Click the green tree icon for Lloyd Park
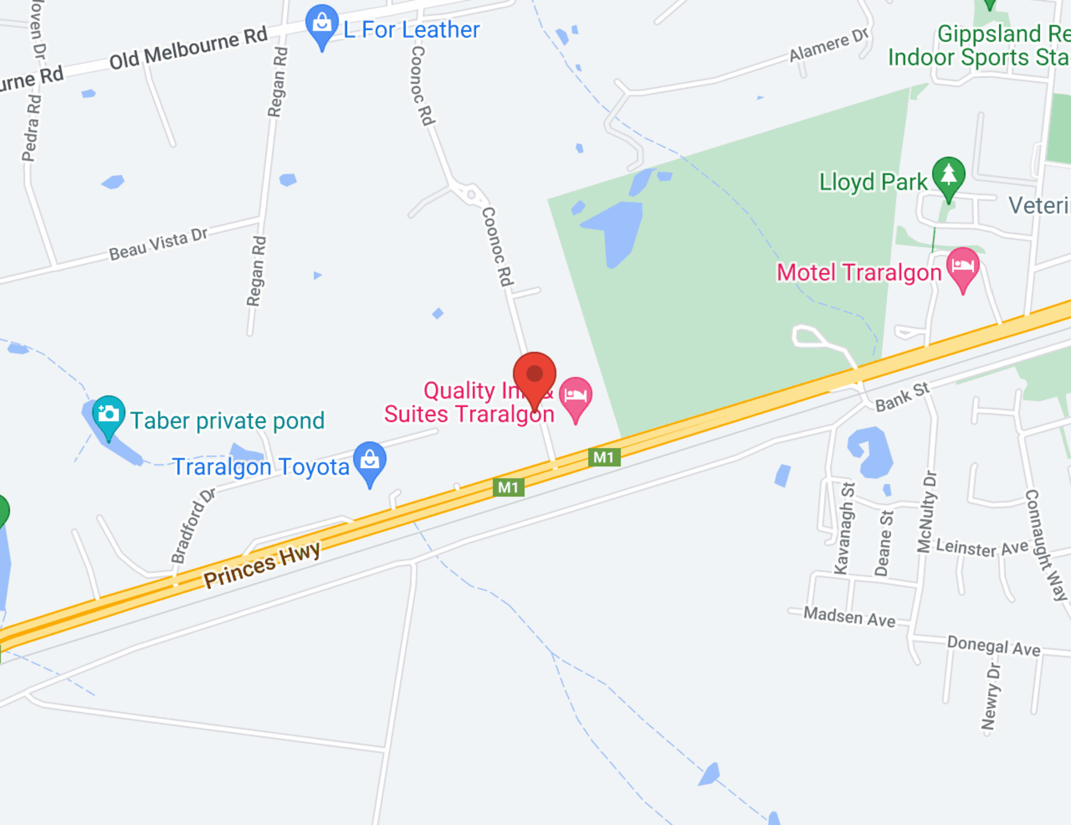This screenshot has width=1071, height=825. [x=948, y=175]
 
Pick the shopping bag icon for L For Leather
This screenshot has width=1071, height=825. [x=322, y=23]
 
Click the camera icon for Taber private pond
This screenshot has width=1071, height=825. [x=108, y=414]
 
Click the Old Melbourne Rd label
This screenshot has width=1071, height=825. [x=188, y=48]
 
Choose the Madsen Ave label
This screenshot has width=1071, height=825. [x=849, y=616]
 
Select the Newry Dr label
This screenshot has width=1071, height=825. [x=991, y=697]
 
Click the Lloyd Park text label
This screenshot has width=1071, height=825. [x=873, y=182]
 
